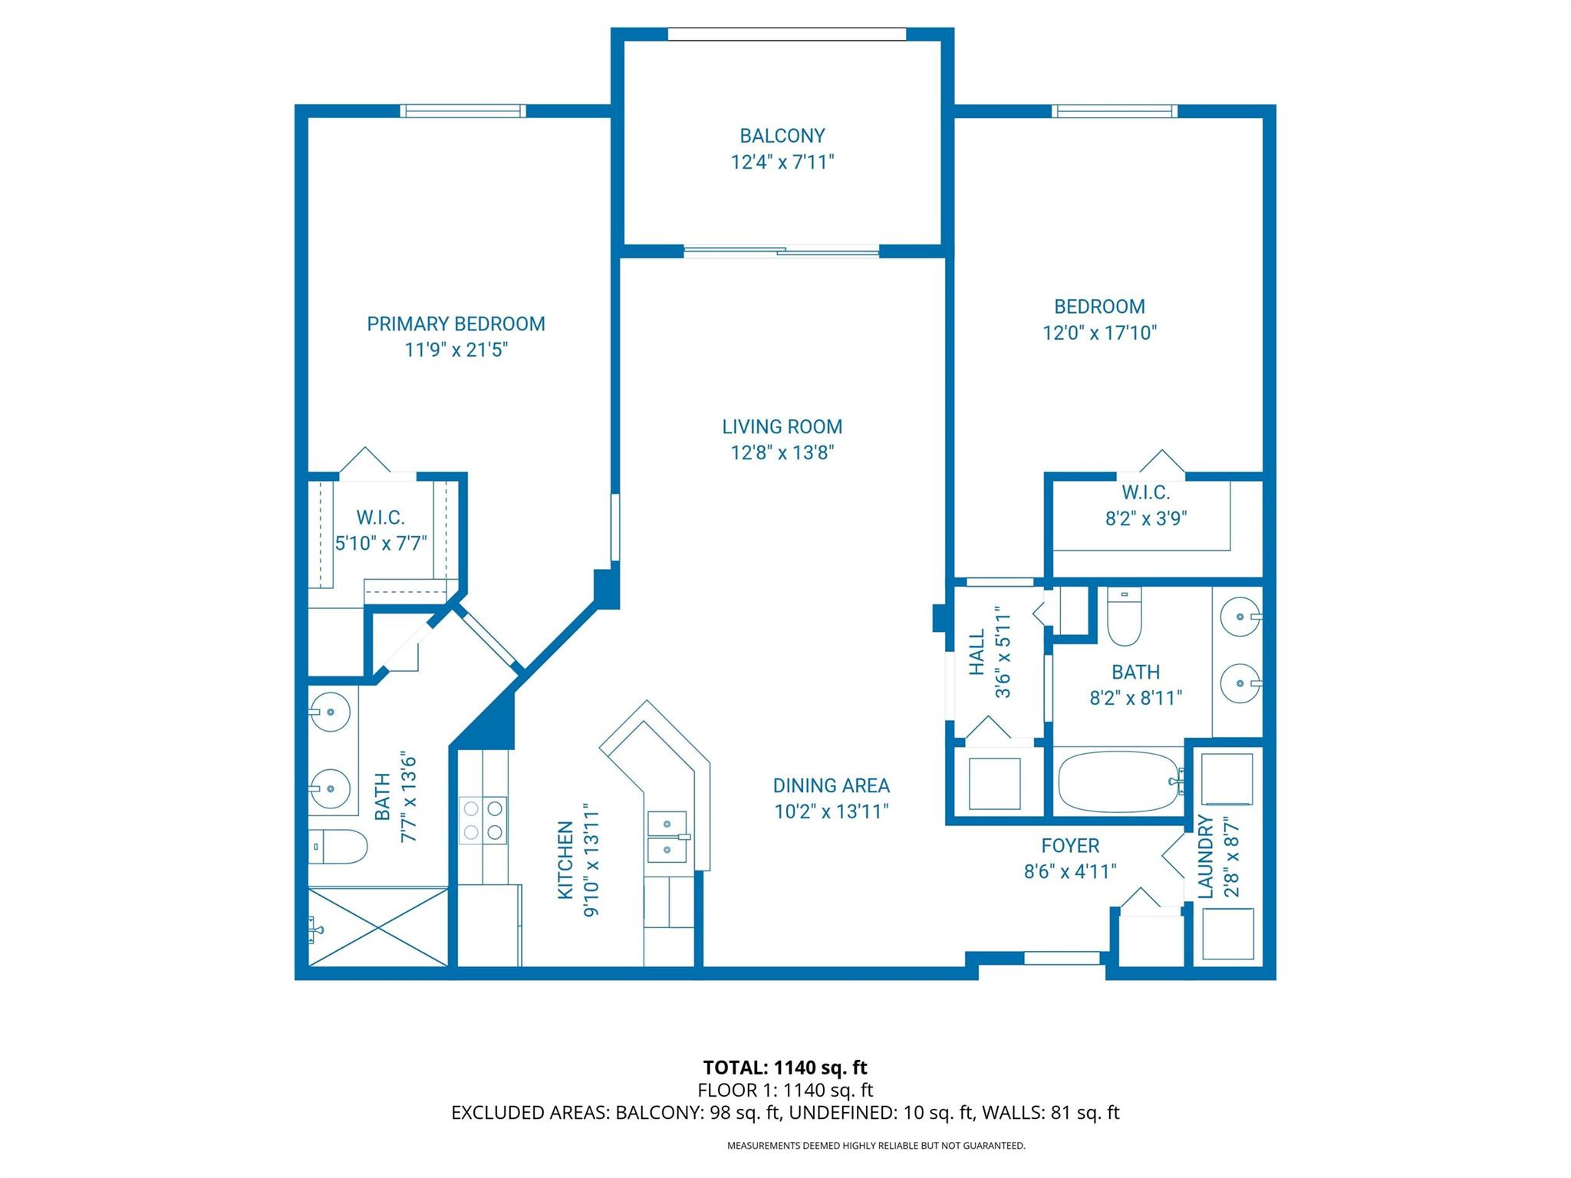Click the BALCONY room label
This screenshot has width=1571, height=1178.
pyautogui.click(x=782, y=136)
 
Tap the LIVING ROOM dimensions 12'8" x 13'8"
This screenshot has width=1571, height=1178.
pyautogui.click(x=782, y=452)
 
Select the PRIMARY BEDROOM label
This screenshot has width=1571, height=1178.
pyautogui.click(x=456, y=324)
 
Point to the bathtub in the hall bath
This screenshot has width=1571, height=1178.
pyautogui.click(x=1118, y=781)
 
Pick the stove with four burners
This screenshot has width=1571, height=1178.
pyautogui.click(x=483, y=820)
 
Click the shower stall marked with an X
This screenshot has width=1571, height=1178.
pyautogui.click(x=378, y=926)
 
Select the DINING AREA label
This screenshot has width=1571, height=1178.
pyautogui.click(x=831, y=785)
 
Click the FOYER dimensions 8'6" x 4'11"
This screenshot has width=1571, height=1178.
pyautogui.click(x=1069, y=871)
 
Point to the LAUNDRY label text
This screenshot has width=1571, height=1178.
pyautogui.click(x=1206, y=857)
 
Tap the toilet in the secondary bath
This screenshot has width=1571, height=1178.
pyautogui.click(x=1125, y=617)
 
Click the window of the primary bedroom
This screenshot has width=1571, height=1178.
pyautogui.click(x=463, y=111)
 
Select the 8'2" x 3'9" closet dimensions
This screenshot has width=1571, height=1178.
pyautogui.click(x=1145, y=518)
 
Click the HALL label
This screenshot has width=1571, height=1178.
pyautogui.click(x=977, y=653)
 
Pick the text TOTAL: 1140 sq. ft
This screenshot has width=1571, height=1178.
pyautogui.click(x=785, y=1067)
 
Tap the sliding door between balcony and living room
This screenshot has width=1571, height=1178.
pyautogui.click(x=781, y=250)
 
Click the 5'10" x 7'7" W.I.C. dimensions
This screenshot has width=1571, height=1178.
pyautogui.click(x=380, y=543)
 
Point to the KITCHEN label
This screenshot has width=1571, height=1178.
pyautogui.click(x=565, y=860)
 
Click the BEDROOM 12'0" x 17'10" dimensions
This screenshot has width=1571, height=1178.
pyautogui.click(x=1098, y=333)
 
